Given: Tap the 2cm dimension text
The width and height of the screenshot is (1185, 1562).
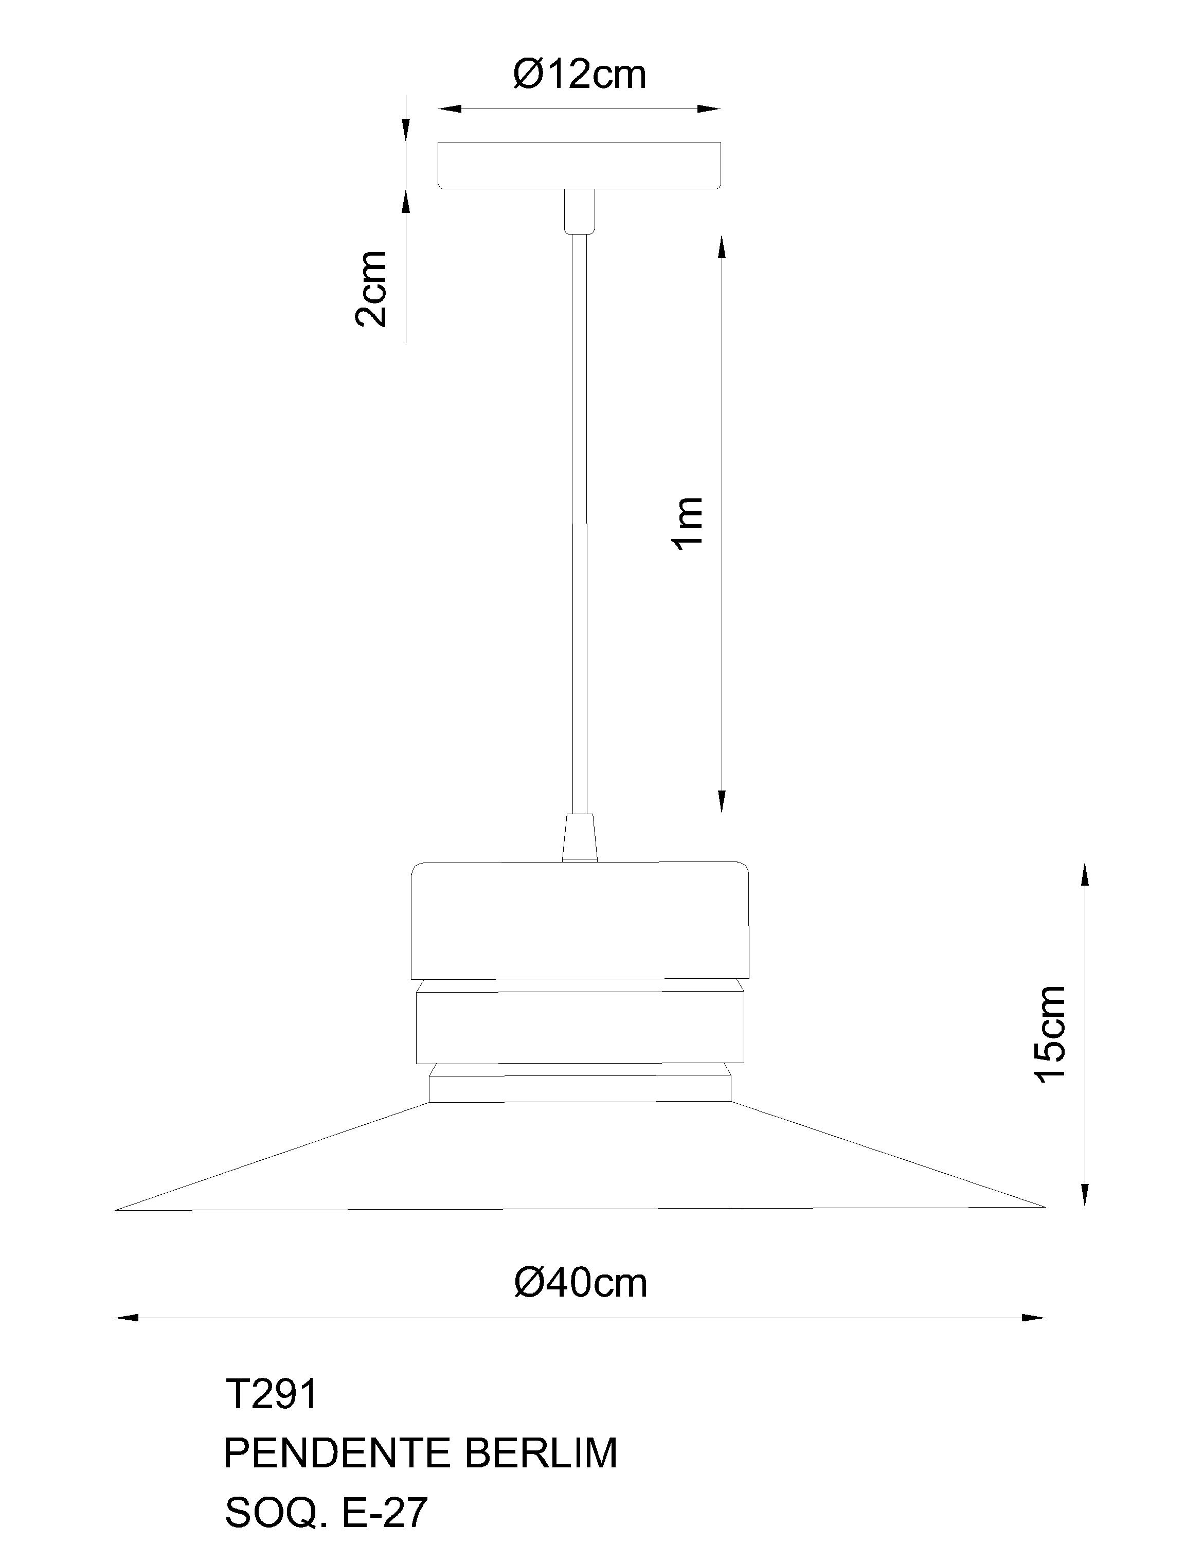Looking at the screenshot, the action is (x=371, y=289).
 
